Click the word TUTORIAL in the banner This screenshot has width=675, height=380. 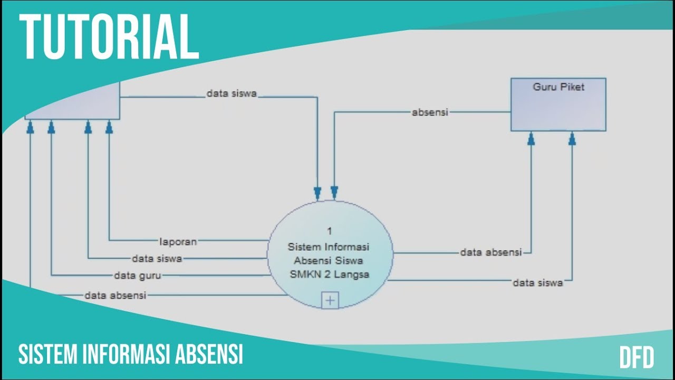coord(110,37)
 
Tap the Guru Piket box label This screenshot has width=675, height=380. coord(558,88)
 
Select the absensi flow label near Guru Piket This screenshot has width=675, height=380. coord(430,112)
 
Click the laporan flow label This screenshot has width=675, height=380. coord(178,242)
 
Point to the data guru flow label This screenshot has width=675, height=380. coord(138,275)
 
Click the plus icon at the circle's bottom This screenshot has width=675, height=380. coord(330,300)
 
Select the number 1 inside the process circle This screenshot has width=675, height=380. coord(330,231)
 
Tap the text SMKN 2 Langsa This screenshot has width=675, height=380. coord(330,274)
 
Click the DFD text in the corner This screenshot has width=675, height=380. coord(637,357)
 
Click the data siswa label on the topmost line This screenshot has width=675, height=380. coord(232,94)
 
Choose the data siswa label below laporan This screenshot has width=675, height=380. coord(157,259)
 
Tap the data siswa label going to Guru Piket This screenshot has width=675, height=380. coord(538,283)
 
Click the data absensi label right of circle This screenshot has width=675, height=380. coord(490,253)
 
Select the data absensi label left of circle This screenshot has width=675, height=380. coord(115,296)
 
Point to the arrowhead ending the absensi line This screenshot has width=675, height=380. coord(334,192)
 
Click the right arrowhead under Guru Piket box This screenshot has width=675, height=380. coord(572,138)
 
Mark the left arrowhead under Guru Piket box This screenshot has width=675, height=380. coord(531,138)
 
